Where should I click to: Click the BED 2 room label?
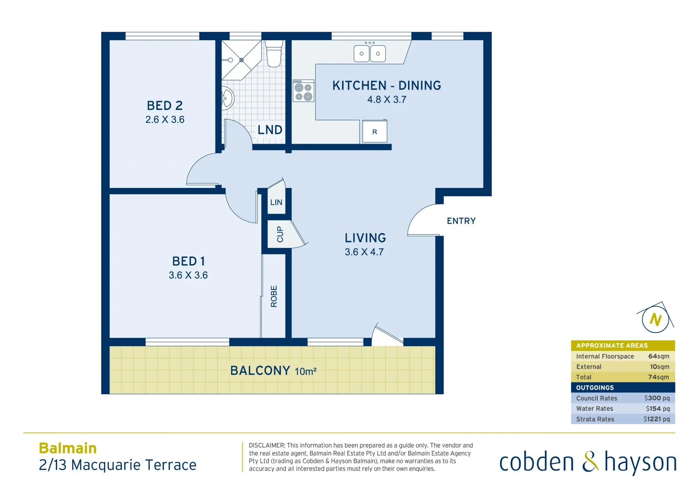click(x=165, y=106)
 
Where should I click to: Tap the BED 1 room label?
click(x=188, y=261)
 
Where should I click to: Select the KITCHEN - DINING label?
click(x=387, y=86)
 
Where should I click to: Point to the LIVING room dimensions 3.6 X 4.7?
click(x=364, y=252)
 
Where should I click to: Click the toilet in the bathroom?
click(x=274, y=54)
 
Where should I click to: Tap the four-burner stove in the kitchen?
click(x=303, y=91)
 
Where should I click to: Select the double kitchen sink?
click(x=370, y=53)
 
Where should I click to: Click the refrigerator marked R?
click(x=375, y=132)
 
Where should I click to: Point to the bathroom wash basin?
click(x=227, y=98)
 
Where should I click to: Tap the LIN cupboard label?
click(x=276, y=202)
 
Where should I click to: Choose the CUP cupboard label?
click(x=280, y=234)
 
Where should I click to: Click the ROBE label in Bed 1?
click(x=274, y=296)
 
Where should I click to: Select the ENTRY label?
click(x=461, y=221)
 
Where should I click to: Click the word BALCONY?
click(x=260, y=370)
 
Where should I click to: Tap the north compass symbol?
click(x=656, y=319)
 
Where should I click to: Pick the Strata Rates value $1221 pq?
click(x=656, y=419)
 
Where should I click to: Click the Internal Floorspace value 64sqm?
click(x=658, y=356)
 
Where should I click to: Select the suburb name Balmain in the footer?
click(x=68, y=448)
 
